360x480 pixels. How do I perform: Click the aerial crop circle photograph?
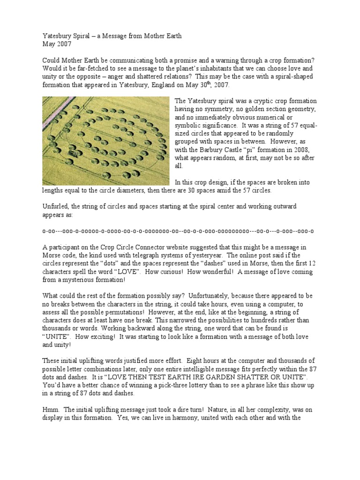coord(105,141)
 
